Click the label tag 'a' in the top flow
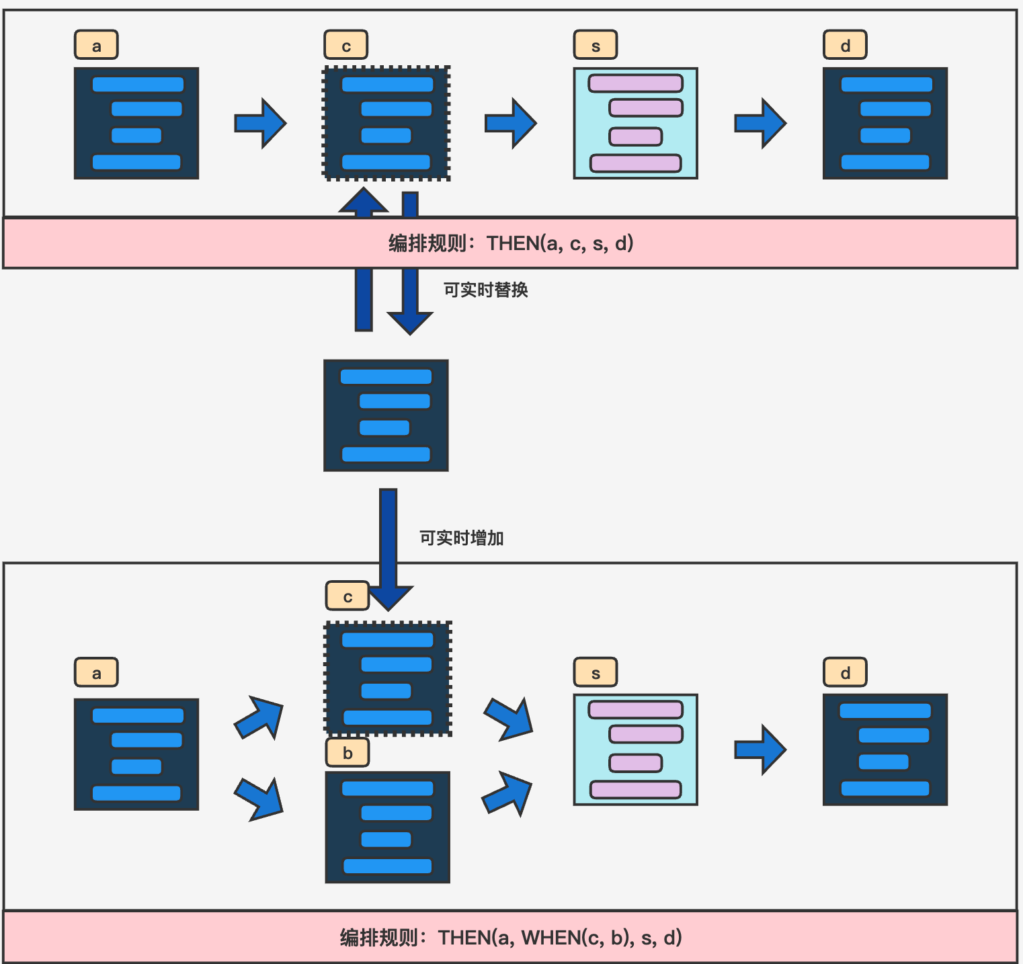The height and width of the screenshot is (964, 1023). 96,45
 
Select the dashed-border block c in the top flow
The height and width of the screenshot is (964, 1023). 386,123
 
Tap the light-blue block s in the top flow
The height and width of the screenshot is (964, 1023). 635,123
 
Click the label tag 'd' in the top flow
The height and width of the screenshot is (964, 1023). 845,45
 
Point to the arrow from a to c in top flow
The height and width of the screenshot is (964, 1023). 261,123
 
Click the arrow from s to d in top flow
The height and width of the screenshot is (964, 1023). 761,123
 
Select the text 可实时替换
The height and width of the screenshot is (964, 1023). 485,290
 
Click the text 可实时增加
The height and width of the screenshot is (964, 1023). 461,538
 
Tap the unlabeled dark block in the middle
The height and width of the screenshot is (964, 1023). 386,415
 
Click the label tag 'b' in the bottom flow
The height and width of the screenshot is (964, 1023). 347,753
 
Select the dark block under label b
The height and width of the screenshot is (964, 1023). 387,827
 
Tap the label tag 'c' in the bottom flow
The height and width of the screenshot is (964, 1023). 347,596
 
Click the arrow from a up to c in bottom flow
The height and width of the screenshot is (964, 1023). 260,717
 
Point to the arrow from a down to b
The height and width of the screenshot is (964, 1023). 260,798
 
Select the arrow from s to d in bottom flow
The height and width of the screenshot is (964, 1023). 761,750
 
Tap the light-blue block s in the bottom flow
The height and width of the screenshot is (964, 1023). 635,750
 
